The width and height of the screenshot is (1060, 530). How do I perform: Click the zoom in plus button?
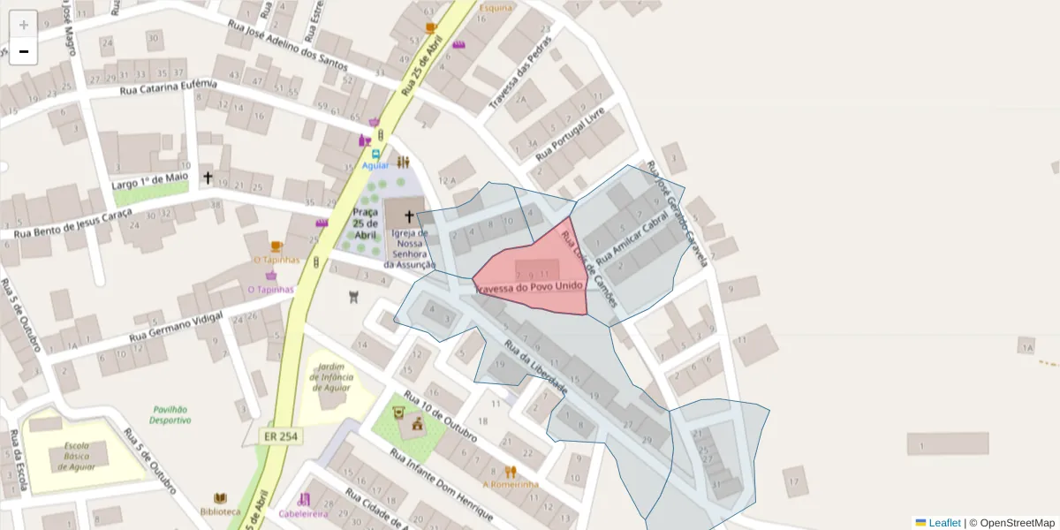pyautogui.click(x=24, y=25)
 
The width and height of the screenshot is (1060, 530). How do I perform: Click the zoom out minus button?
pyautogui.click(x=24, y=51)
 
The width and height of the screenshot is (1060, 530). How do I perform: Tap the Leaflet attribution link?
pyautogui.click(x=944, y=523)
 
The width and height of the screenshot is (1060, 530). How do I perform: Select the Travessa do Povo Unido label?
pyautogui.click(x=529, y=288)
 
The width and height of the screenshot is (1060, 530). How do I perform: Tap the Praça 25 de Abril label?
pyautogui.click(x=365, y=223)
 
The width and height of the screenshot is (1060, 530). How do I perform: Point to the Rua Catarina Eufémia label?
pyautogui.click(x=168, y=87)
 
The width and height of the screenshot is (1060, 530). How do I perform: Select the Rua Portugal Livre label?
pyautogui.click(x=570, y=134)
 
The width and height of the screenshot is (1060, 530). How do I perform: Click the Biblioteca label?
pyautogui.click(x=220, y=511)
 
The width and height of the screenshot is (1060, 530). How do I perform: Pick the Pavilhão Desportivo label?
pyautogui.click(x=171, y=414)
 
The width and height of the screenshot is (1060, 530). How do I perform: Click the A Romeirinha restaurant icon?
pyautogui.click(x=511, y=472)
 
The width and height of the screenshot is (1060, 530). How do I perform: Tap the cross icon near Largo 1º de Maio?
pyautogui.click(x=208, y=178)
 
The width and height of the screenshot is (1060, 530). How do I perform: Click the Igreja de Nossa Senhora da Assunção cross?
pyautogui.click(x=408, y=216)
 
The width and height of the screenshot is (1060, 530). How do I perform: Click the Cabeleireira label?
pyautogui.click(x=303, y=513)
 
